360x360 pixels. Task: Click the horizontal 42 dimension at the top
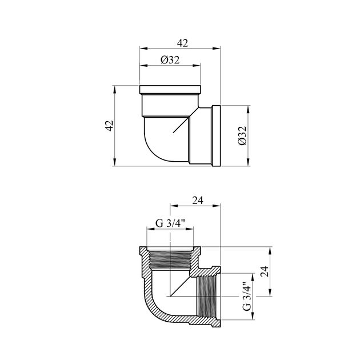click(182, 43)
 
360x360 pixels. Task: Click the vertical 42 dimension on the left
click(109, 126)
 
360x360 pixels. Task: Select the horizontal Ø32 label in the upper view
click(170, 60)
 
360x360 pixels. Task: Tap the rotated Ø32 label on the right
click(242, 135)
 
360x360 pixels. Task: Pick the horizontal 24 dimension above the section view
click(198, 201)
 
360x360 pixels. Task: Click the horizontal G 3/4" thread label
click(170, 223)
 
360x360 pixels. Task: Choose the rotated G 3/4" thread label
click(247, 296)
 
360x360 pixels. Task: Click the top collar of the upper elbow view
click(170, 90)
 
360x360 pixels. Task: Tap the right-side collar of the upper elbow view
click(216, 135)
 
